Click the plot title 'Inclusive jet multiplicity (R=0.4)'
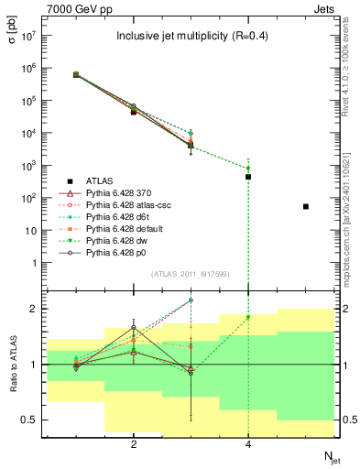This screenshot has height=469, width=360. pos(190,38)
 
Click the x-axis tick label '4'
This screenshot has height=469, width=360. pos(248,444)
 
